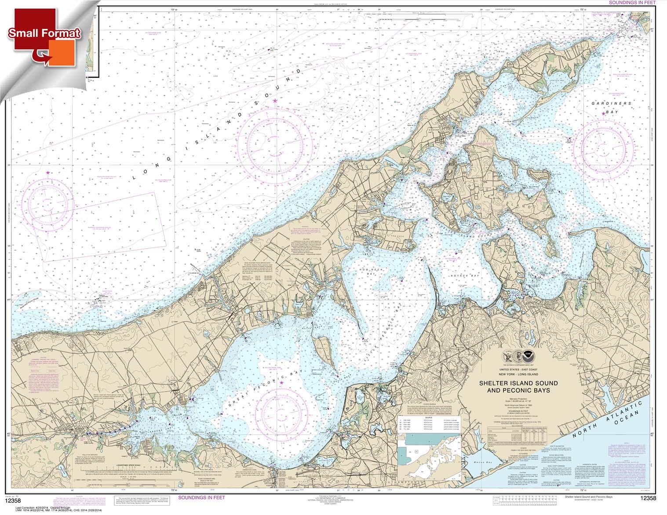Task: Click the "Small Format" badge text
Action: click(x=44, y=33)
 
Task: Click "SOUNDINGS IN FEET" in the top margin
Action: click(x=634, y=3)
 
